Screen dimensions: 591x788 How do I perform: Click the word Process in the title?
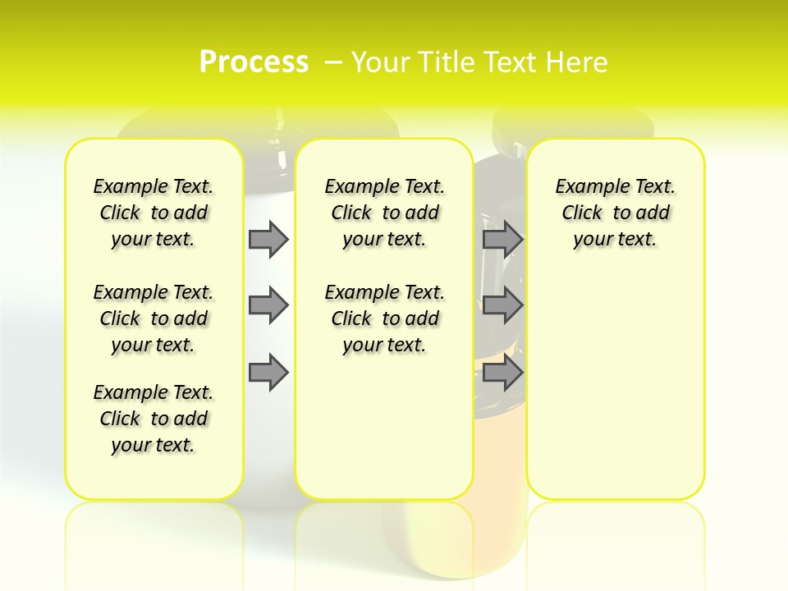(x=254, y=62)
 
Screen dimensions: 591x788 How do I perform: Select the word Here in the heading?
(x=579, y=62)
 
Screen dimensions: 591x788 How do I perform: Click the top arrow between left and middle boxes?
(x=268, y=239)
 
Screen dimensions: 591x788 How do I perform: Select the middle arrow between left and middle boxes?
(x=268, y=305)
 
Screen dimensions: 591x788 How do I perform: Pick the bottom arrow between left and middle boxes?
(x=268, y=373)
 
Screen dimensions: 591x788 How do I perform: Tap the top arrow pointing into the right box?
(x=502, y=239)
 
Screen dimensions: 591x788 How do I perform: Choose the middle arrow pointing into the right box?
(x=502, y=305)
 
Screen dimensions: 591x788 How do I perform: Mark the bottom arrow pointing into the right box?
(x=502, y=373)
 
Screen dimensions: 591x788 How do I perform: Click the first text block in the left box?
(x=153, y=213)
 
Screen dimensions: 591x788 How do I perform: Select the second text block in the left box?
(x=153, y=318)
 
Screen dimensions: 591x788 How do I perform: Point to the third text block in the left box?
(x=153, y=419)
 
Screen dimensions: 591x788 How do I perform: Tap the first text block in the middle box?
(x=384, y=213)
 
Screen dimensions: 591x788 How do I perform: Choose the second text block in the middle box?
(x=384, y=318)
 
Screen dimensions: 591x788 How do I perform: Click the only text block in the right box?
(x=615, y=213)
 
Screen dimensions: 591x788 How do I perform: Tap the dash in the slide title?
(x=333, y=62)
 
